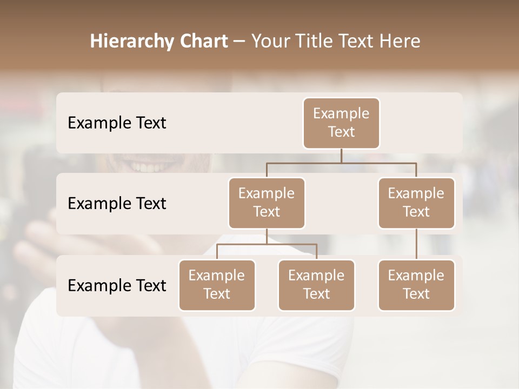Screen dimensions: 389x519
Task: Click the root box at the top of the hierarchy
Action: (341, 123)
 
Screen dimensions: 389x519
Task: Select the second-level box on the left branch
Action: (267, 203)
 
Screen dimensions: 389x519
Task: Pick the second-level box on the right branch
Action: (416, 203)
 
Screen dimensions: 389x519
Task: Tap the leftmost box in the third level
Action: (217, 285)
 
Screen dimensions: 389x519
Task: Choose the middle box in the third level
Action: (316, 285)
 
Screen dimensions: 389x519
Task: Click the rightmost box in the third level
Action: (416, 285)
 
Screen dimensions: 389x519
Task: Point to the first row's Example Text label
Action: (117, 123)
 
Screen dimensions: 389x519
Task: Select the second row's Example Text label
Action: (117, 204)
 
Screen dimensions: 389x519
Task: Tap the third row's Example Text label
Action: (117, 285)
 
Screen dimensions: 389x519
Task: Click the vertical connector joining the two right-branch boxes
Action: (416, 244)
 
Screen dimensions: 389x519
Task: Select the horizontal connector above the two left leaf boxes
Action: (267, 244)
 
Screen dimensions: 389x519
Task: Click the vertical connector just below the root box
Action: (341, 156)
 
